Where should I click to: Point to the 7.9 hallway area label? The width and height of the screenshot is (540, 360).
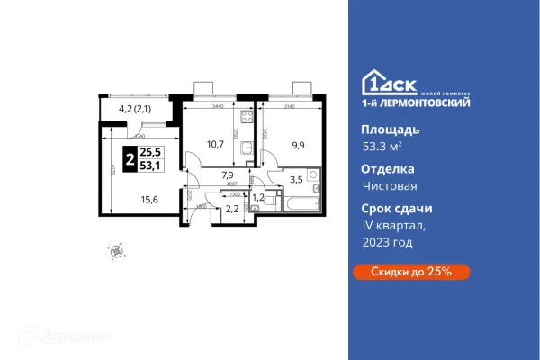tap(228, 176)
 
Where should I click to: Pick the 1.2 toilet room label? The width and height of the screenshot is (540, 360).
tap(256, 197)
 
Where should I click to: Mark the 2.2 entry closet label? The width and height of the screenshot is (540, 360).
tap(231, 209)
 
